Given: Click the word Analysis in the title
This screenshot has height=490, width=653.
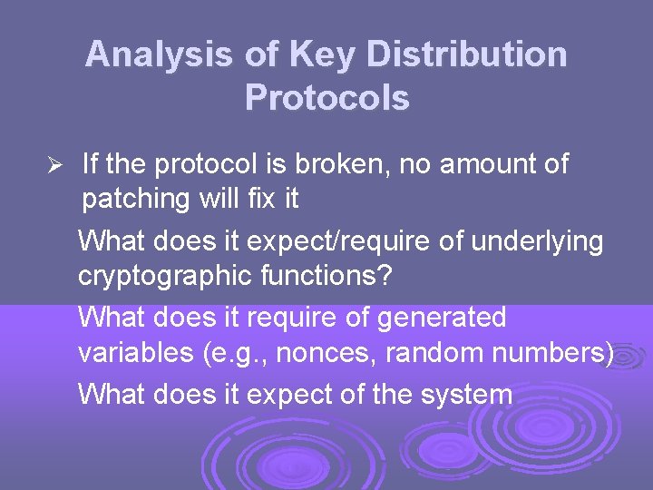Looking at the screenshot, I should (x=160, y=55).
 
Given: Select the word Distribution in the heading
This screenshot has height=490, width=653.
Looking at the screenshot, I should (x=467, y=55).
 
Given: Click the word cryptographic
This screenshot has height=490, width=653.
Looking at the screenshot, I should (x=165, y=276).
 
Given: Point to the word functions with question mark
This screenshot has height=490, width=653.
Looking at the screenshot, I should (x=326, y=275).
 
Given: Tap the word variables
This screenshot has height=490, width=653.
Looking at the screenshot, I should (x=132, y=352).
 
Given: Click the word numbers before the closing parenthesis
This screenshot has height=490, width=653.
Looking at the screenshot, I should (x=549, y=352).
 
